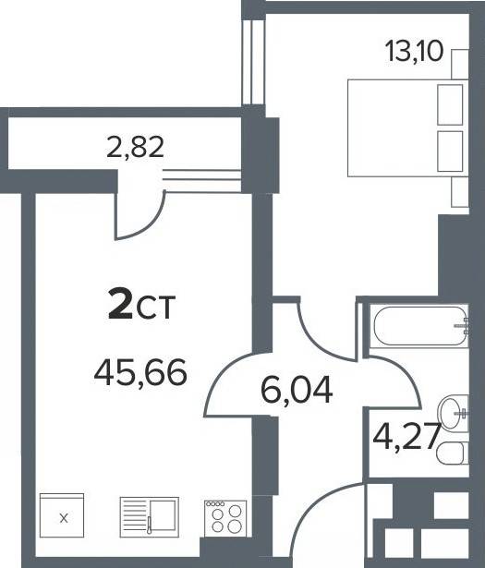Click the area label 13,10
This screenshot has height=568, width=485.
click(x=414, y=52)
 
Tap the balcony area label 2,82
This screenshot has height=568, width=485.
click(x=136, y=148)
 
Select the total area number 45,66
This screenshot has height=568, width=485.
click(x=140, y=372)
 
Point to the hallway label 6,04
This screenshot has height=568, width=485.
click(x=296, y=390)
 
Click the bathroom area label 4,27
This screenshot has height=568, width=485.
click(x=406, y=437)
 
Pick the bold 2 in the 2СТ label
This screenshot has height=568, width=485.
click(x=120, y=307)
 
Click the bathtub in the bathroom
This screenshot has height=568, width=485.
click(x=419, y=326)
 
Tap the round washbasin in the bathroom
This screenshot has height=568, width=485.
click(x=453, y=413)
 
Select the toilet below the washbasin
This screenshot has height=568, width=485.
click(x=453, y=453)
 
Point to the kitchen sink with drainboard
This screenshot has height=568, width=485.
click(x=150, y=517)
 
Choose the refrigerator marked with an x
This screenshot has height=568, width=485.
click(x=62, y=515)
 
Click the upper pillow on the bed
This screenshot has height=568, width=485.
click(x=450, y=104)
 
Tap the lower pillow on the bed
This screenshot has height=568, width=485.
click(x=450, y=151)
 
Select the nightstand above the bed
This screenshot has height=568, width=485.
click(x=460, y=64)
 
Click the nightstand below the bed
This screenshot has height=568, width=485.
click(x=460, y=192)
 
